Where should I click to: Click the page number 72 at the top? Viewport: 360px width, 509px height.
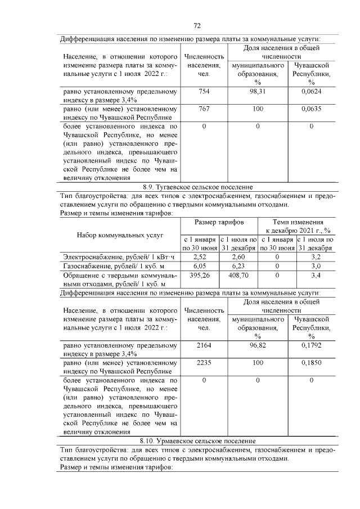(197, 26)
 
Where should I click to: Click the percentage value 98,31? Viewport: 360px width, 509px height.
(258, 91)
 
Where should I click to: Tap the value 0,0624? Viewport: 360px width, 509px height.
(311, 91)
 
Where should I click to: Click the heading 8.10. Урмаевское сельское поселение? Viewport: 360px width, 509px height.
(197, 440)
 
